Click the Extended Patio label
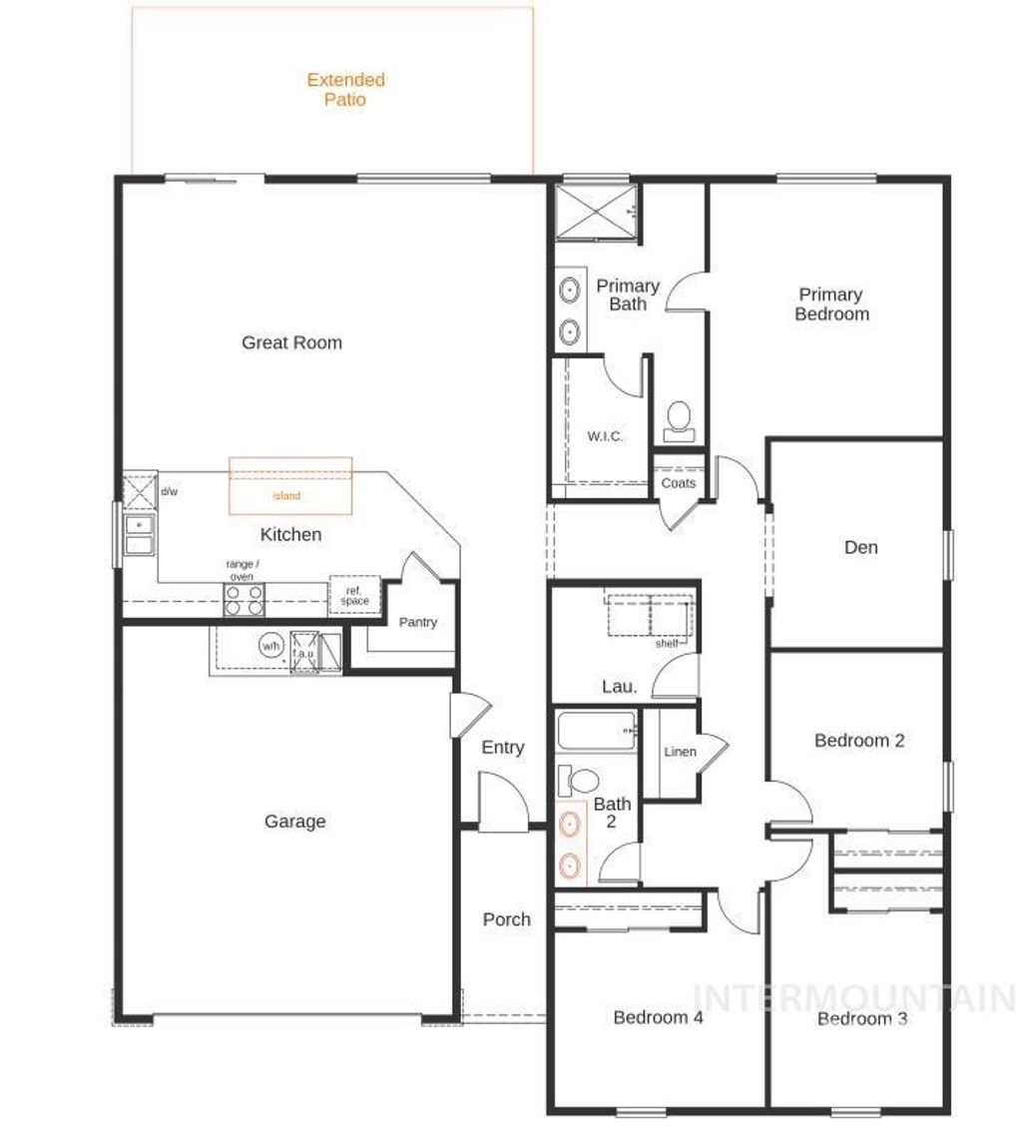[x=345, y=90]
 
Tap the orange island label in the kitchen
[x=287, y=495]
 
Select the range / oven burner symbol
[x=244, y=600]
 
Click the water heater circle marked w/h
[x=270, y=646]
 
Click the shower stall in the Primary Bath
[x=596, y=213]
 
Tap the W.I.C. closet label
[x=605, y=436]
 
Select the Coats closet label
[x=679, y=483]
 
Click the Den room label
[x=860, y=547]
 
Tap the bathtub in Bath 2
[x=597, y=734]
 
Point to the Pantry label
[x=417, y=622]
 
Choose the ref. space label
[x=354, y=596]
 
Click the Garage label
[x=294, y=822]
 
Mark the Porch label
[x=506, y=919]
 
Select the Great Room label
[x=291, y=342]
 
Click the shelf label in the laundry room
[x=667, y=644]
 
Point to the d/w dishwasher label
[x=170, y=491]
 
